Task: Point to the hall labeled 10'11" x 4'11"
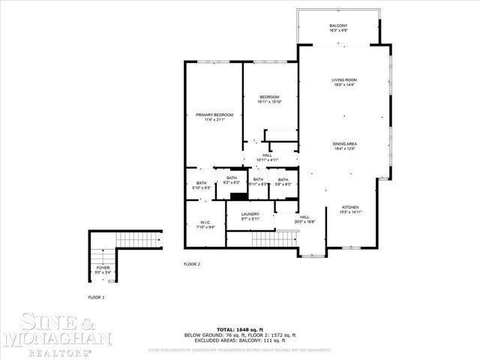click(267, 157)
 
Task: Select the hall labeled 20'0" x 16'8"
click(304, 219)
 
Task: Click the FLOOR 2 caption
click(192, 264)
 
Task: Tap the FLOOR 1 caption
click(96, 298)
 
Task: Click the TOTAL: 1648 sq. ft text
click(240, 329)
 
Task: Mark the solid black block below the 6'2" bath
click(238, 196)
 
